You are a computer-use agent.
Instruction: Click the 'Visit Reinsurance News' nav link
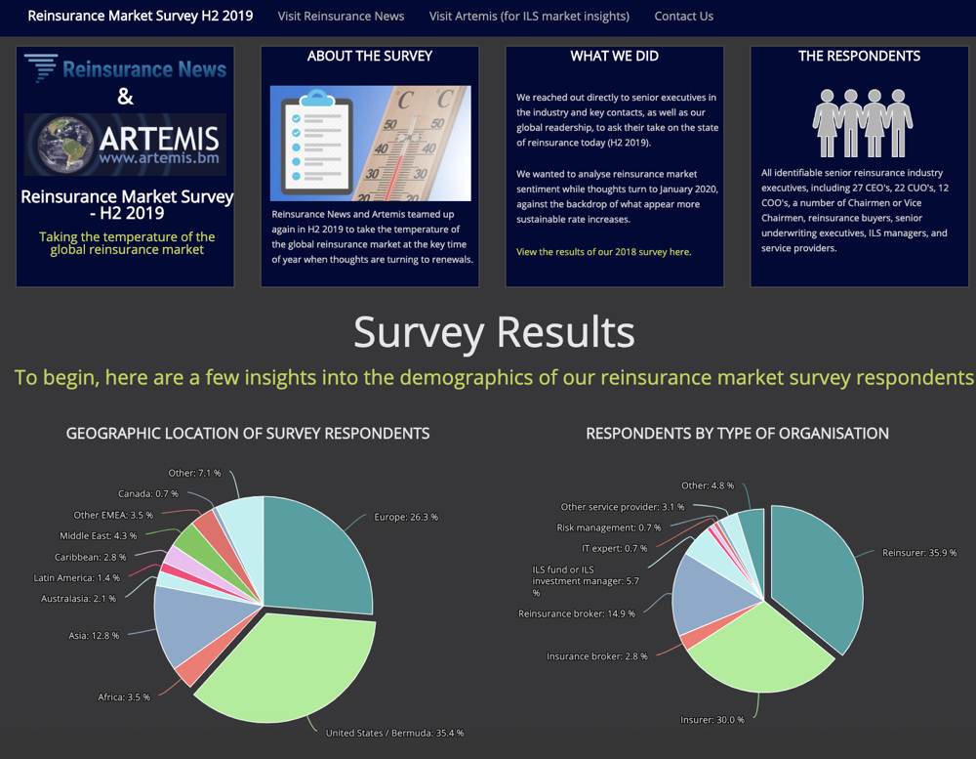coord(341,16)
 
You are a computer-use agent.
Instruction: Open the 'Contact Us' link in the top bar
coord(683,16)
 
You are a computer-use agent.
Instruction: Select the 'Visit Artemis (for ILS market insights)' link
coord(529,16)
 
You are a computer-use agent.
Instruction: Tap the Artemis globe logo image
coord(125,145)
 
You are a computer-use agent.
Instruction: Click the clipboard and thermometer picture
coord(370,143)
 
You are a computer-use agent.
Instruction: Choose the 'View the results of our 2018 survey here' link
coord(604,252)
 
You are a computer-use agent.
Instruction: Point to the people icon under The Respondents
coord(862,123)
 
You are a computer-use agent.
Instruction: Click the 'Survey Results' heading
coord(494,332)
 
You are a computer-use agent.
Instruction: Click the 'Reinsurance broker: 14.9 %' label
coord(576,613)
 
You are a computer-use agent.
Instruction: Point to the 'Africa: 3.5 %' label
coord(124,696)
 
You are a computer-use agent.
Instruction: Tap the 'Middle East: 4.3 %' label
coord(98,535)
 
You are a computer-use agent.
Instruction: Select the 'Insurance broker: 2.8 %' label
coord(597,656)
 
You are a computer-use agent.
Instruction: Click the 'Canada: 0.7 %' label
coord(147,493)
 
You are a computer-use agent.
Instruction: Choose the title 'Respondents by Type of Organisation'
coord(737,433)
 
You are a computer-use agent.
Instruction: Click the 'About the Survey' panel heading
coord(370,56)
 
